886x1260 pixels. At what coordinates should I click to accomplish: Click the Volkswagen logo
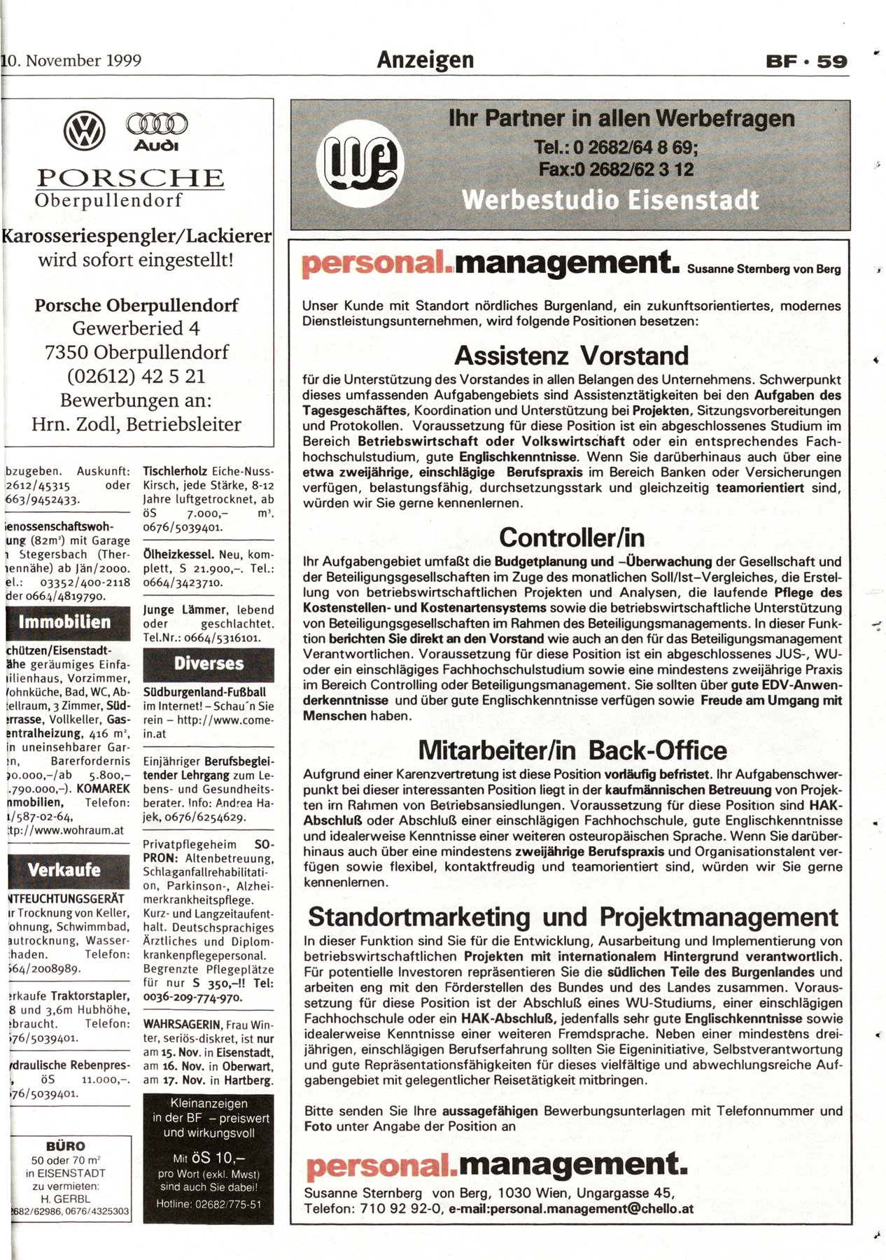click(x=85, y=131)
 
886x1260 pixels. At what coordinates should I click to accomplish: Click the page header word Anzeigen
click(x=426, y=60)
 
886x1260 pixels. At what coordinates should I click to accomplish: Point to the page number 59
click(x=831, y=62)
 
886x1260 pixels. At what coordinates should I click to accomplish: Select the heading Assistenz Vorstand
click(x=571, y=356)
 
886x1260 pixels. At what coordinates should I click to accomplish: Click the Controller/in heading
click(x=571, y=538)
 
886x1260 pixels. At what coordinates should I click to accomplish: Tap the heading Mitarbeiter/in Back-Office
click(x=572, y=750)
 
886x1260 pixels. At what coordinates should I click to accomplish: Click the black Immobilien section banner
click(x=66, y=622)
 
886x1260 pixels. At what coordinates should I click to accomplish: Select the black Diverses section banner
click(x=209, y=664)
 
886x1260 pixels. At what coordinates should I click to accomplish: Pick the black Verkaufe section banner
click(x=64, y=870)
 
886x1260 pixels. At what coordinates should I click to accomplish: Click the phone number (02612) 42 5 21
click(x=136, y=376)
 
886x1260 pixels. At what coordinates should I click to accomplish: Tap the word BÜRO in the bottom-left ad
click(x=65, y=1146)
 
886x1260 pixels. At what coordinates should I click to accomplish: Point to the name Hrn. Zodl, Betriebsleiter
click(x=136, y=424)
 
